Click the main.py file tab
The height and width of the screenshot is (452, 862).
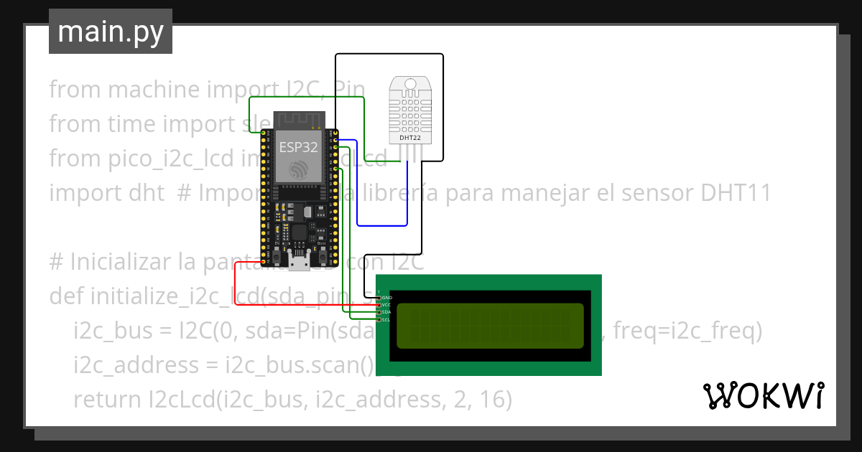click(110, 32)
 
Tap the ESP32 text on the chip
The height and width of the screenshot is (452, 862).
click(298, 146)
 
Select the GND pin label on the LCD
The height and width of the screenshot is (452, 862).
click(386, 297)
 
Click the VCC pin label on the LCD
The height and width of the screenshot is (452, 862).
click(386, 305)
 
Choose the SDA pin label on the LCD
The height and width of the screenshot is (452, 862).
click(386, 312)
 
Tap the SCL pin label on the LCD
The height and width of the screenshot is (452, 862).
click(386, 320)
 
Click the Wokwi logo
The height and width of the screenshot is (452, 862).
click(763, 395)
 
